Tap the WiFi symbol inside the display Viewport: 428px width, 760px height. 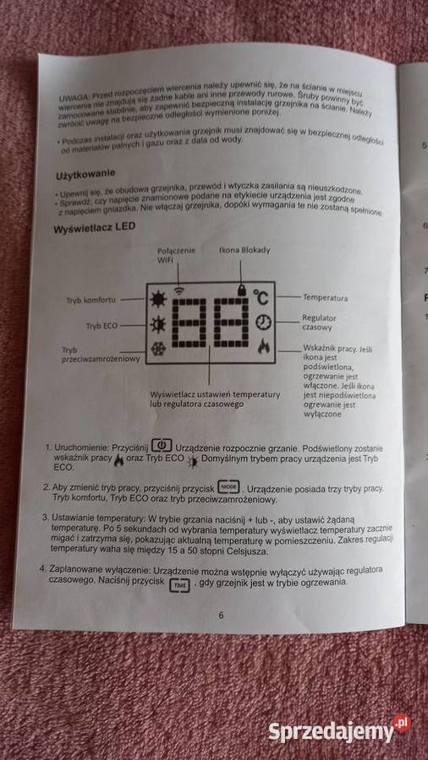pyautogui.click(x=178, y=290)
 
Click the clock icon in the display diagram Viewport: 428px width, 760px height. pyautogui.click(x=265, y=322)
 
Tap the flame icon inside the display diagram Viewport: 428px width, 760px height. pyautogui.click(x=264, y=345)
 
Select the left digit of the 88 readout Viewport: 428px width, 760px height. pyautogui.click(x=191, y=323)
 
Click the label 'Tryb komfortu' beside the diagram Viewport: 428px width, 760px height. pyautogui.click(x=91, y=300)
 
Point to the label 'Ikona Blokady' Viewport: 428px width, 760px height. pyautogui.click(x=242, y=251)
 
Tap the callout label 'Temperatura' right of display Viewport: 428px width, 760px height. pyautogui.click(x=326, y=297)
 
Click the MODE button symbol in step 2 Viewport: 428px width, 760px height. pyautogui.click(x=228, y=486)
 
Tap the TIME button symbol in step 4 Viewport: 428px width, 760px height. pyautogui.click(x=180, y=584)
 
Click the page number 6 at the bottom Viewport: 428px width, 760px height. pyautogui.click(x=222, y=615)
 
